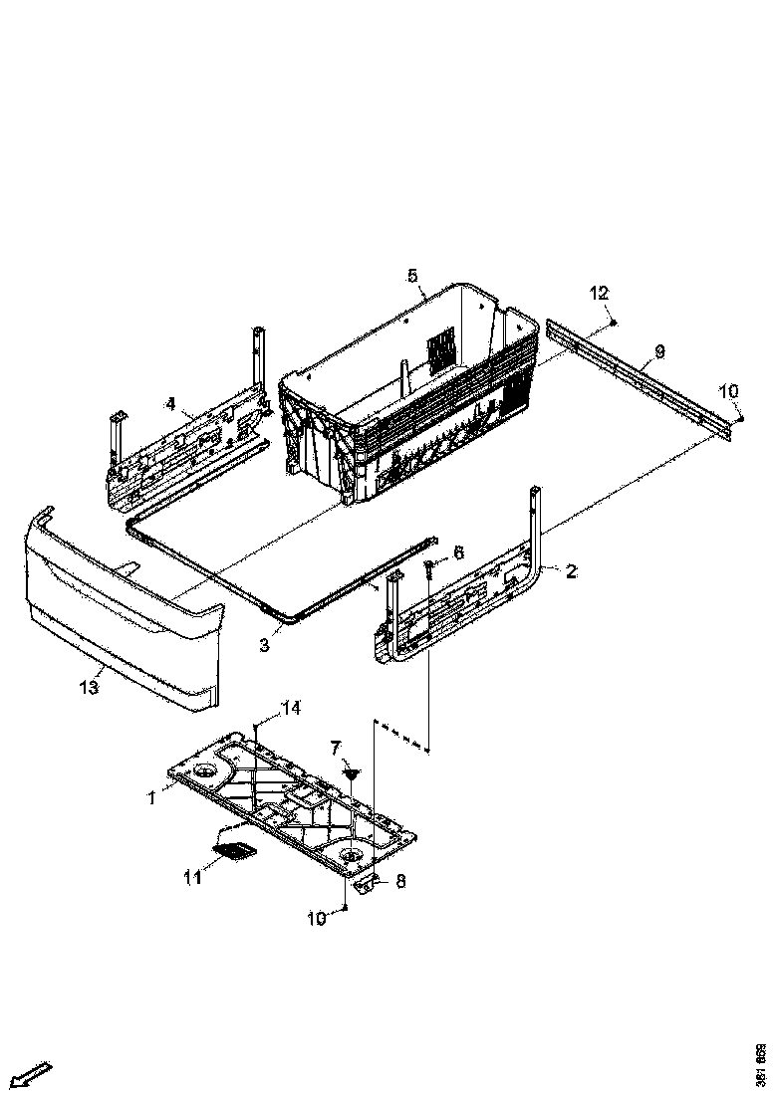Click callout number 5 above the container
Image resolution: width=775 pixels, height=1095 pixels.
pyautogui.click(x=412, y=276)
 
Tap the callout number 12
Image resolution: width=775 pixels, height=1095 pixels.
pyautogui.click(x=599, y=293)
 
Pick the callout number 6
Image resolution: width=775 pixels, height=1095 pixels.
pyautogui.click(x=458, y=551)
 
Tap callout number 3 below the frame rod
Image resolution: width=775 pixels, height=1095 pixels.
pyautogui.click(x=264, y=644)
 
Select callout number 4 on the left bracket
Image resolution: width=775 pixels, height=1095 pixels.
pyautogui.click(x=170, y=403)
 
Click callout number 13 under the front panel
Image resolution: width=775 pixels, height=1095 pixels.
pyautogui.click(x=90, y=687)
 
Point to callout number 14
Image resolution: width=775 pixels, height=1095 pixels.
pyautogui.click(x=290, y=708)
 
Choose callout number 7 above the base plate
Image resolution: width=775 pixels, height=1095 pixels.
pyautogui.click(x=336, y=747)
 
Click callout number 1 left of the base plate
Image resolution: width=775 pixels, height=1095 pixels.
pyautogui.click(x=152, y=797)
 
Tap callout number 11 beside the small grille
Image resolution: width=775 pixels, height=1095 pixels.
pyautogui.click(x=191, y=876)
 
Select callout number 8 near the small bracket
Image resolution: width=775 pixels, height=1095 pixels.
pyautogui.click(x=400, y=880)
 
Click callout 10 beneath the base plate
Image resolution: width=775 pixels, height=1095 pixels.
pyautogui.click(x=316, y=919)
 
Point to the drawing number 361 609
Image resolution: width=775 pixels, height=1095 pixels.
pyautogui.click(x=760, y=1064)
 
